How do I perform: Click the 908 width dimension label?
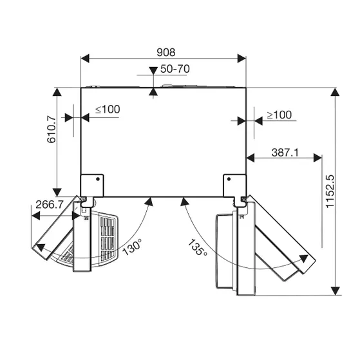pyautogui.click(x=166, y=52)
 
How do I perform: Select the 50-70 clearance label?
pyautogui.click(x=175, y=69)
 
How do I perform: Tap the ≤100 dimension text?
pyautogui.click(x=108, y=109)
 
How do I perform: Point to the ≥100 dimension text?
pyautogui.click(x=279, y=115)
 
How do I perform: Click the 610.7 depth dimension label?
pyautogui.click(x=52, y=129)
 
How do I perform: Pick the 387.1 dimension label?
pyautogui.click(x=285, y=153)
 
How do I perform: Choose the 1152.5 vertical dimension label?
pyautogui.click(x=330, y=191)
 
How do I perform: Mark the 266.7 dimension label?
pyautogui.click(x=50, y=204)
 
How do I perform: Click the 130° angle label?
pyautogui.click(x=133, y=247)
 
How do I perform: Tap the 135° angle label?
pyautogui.click(x=198, y=247)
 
